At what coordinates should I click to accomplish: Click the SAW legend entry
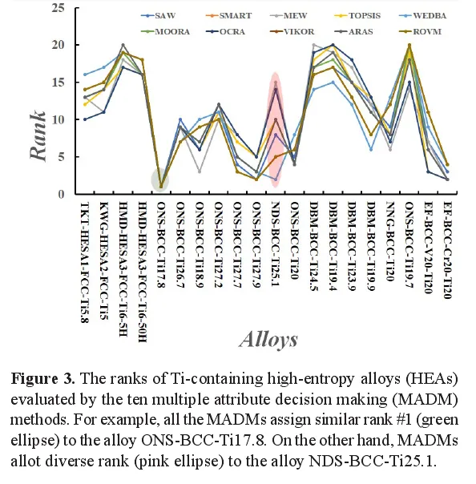click(x=159, y=15)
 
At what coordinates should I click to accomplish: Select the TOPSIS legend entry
click(x=357, y=15)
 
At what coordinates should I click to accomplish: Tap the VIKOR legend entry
click(x=292, y=31)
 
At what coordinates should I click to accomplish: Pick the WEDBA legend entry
click(x=422, y=15)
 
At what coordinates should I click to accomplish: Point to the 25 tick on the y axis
click(x=58, y=7)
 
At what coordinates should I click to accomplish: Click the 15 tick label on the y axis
click(x=58, y=83)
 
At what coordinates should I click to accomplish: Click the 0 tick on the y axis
click(x=61, y=194)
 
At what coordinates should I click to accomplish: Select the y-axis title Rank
click(x=38, y=135)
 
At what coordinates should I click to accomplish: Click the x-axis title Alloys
click(x=268, y=340)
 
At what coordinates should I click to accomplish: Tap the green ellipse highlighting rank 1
click(x=160, y=179)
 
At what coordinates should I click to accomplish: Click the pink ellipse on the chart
click(x=276, y=130)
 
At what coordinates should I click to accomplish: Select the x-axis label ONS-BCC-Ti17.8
click(x=161, y=244)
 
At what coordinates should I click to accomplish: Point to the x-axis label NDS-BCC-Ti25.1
click(x=276, y=244)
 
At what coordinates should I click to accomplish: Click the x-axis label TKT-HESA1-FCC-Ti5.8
click(x=85, y=262)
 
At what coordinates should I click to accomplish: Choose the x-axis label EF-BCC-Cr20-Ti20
click(x=447, y=250)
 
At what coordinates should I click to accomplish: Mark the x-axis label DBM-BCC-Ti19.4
click(x=333, y=246)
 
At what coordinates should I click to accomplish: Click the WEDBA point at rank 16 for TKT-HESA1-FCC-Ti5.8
click(x=85, y=75)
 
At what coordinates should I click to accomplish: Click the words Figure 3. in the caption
click(x=43, y=378)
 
